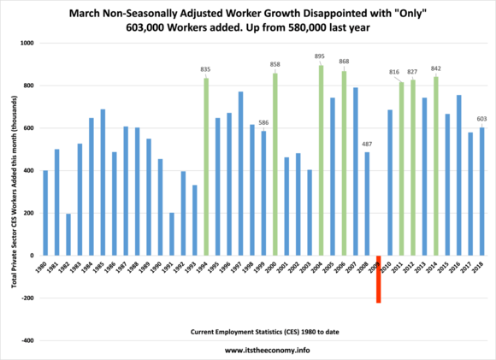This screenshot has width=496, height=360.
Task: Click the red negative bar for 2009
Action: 378,279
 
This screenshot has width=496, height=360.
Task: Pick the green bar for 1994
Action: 206,167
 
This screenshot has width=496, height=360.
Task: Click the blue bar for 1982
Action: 68,234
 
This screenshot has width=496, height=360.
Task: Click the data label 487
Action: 367,145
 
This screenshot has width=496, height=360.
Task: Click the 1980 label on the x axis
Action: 46,268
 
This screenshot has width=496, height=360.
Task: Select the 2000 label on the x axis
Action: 275,268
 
